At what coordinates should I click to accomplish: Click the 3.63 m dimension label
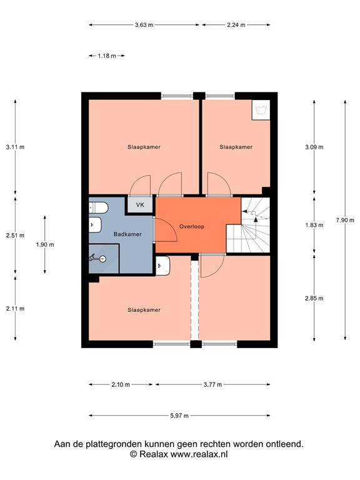click(144, 25)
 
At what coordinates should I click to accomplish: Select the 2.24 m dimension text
click(236, 25)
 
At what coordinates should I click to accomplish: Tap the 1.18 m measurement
click(107, 56)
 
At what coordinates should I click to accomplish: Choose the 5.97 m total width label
click(179, 415)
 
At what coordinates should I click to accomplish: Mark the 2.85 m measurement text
click(314, 298)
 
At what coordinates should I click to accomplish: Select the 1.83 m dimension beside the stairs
click(314, 225)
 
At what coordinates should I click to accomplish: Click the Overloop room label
click(191, 226)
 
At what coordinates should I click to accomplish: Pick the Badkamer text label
click(127, 234)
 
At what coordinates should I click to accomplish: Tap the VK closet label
click(140, 204)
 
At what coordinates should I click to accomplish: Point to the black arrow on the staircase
click(256, 213)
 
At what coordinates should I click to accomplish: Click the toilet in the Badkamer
click(96, 225)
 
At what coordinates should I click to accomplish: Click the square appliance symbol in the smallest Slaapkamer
click(260, 109)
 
